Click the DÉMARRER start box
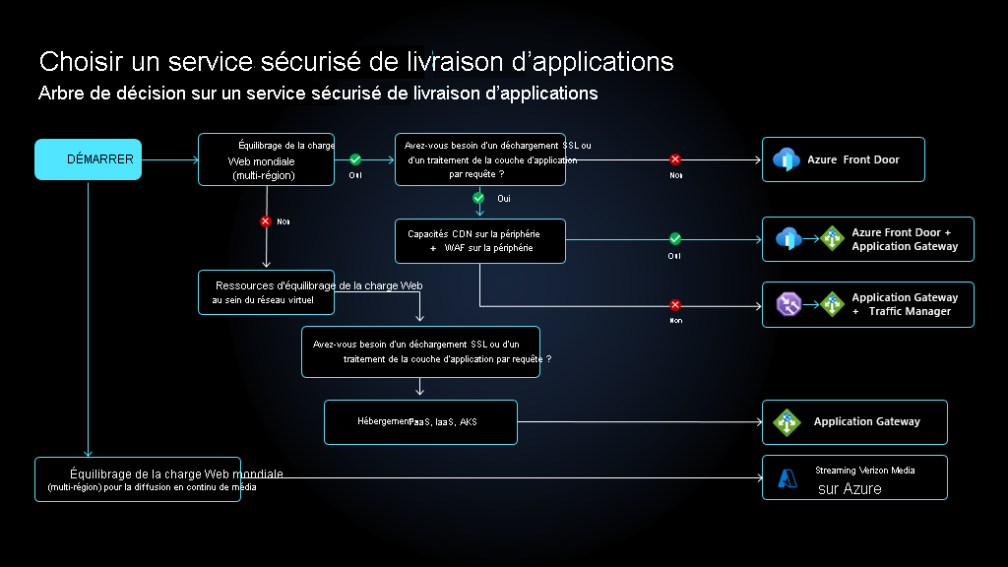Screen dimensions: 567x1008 coord(88,159)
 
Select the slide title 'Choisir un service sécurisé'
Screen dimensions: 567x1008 coord(356,61)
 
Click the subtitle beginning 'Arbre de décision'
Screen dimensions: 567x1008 coord(318,94)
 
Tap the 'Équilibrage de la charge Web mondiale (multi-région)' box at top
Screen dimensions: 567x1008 coord(266,159)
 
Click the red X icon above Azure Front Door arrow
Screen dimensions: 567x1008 coord(675,159)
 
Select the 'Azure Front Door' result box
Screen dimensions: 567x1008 coord(843,159)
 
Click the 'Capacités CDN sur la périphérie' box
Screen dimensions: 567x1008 coord(479,241)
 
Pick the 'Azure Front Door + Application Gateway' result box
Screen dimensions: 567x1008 coord(867,239)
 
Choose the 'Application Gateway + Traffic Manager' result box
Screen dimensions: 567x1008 coord(867,304)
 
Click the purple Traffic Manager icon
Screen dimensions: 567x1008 coord(788,304)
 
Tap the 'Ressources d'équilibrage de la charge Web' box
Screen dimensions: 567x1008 coord(266,292)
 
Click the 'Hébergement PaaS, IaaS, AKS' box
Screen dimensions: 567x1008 coord(420,421)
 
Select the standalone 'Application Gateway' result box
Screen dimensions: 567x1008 coord(853,421)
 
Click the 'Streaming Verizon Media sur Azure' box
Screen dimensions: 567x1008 coord(853,477)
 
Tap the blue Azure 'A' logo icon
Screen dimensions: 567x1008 coord(787,478)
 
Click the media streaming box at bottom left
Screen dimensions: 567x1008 coord(138,479)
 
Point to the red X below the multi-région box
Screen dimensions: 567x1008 coord(265,221)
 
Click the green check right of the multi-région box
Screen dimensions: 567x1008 coord(355,159)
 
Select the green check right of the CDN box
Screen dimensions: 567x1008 coord(675,238)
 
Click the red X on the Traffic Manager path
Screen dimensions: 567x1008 coord(675,304)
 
